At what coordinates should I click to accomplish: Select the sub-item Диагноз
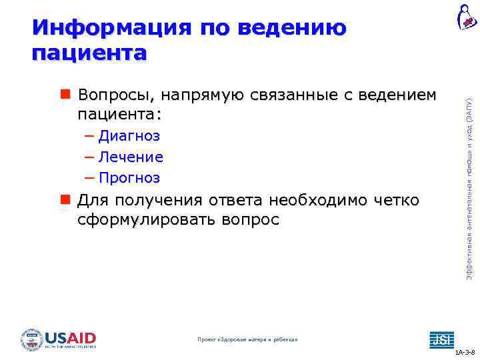pos(129,137)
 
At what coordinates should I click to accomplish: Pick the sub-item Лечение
pos(131,157)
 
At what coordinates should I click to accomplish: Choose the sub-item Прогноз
pos(129,178)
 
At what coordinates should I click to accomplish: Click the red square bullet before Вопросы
pos(65,95)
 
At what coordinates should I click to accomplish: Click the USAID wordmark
pos(71,337)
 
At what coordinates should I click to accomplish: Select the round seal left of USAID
pos(32,339)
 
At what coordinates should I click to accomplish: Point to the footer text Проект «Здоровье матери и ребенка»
pos(247,340)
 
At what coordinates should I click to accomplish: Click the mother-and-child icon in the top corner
pos(466,17)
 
